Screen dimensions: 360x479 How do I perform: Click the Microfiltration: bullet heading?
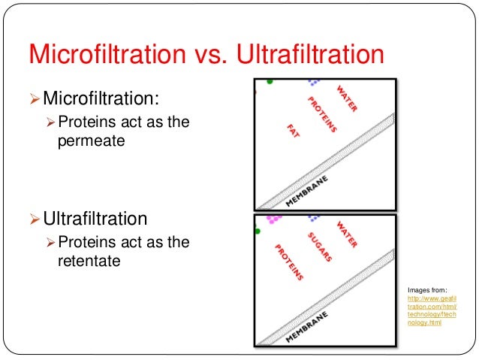coord(101,98)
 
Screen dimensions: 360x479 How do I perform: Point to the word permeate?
coord(89,139)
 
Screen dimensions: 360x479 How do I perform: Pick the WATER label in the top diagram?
coord(346,98)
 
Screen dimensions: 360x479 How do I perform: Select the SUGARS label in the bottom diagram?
coord(321,247)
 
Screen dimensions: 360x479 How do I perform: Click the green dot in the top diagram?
coord(270,81)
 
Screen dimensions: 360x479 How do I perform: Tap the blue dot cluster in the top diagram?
coord(313,81)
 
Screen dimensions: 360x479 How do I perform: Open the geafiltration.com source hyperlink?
coord(432,308)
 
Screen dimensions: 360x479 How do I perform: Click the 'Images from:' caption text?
coord(426,289)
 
